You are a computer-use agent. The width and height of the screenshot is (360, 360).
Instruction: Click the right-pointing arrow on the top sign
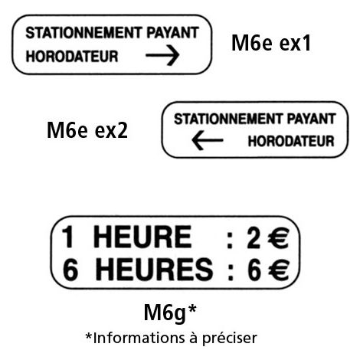pos(162,55)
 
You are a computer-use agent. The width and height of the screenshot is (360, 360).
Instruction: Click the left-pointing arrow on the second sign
pos(208,140)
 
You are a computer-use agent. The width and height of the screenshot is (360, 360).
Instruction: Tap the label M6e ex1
pos(271,43)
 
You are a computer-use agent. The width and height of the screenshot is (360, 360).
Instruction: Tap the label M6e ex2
pos(87,130)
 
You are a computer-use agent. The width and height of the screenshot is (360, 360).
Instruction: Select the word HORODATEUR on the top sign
pos(72,57)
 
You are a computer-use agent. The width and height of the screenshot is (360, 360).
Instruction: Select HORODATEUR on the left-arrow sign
pos(291,141)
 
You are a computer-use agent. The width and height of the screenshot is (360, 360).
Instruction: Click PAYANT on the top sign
pos(173,33)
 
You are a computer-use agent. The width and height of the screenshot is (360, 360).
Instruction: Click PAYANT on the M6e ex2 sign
pos(311,119)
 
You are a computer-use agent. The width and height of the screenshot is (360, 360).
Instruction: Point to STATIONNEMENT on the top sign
pos(83,33)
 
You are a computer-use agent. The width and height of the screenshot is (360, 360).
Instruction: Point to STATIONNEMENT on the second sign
pos(228,119)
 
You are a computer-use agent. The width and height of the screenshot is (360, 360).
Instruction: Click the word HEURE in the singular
pos(142,237)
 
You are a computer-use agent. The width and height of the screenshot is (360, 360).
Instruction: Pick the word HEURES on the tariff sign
pos(154,270)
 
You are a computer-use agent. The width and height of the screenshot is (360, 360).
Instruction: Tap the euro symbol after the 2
pos(278,237)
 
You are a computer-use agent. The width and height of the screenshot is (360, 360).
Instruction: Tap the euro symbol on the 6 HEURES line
pos(278,270)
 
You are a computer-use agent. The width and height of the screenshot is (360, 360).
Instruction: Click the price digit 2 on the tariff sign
pos(254,237)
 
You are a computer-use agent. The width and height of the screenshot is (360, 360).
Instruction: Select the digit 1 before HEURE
pos(67,237)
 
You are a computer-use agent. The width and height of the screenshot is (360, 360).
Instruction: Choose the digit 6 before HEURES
pos(70,270)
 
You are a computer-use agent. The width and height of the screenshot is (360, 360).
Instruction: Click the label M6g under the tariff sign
pos(165,313)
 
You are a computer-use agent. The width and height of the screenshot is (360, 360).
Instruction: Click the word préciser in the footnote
pos(230,339)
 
